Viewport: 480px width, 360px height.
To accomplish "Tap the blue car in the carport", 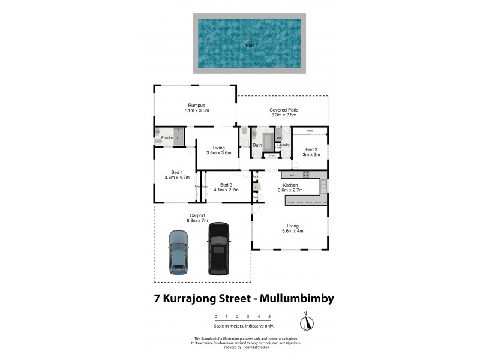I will coord(178,252).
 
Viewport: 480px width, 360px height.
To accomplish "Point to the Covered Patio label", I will coord(284,110).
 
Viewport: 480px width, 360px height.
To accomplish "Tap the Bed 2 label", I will coord(226,184).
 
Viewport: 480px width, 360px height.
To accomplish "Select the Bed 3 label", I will coord(311,149).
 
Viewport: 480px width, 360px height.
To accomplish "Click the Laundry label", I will coord(284,145).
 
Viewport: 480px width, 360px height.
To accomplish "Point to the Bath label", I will coord(257,145).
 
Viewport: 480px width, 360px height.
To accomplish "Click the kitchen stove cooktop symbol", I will coord(306,175).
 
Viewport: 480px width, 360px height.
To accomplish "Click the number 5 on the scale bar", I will coord(270,316).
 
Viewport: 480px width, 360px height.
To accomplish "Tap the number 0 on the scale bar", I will coord(216,316).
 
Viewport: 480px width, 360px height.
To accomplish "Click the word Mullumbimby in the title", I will coord(288,298).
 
